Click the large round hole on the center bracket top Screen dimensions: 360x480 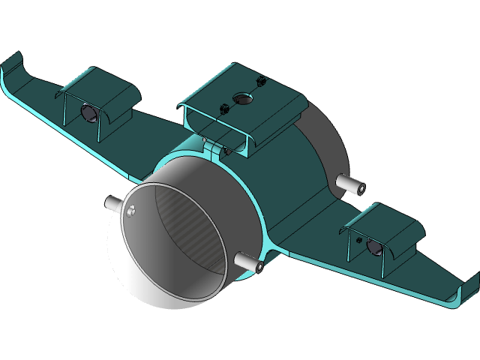[x=243, y=97]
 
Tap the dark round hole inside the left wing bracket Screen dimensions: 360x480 [x=88, y=113]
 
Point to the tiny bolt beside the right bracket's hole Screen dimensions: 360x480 [x=359, y=240]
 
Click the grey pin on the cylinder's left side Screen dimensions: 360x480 [x=112, y=202]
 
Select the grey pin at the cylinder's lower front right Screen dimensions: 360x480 [x=247, y=262]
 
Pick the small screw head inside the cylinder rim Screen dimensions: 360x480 [x=133, y=212]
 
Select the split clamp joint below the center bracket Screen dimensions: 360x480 [x=214, y=150]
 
